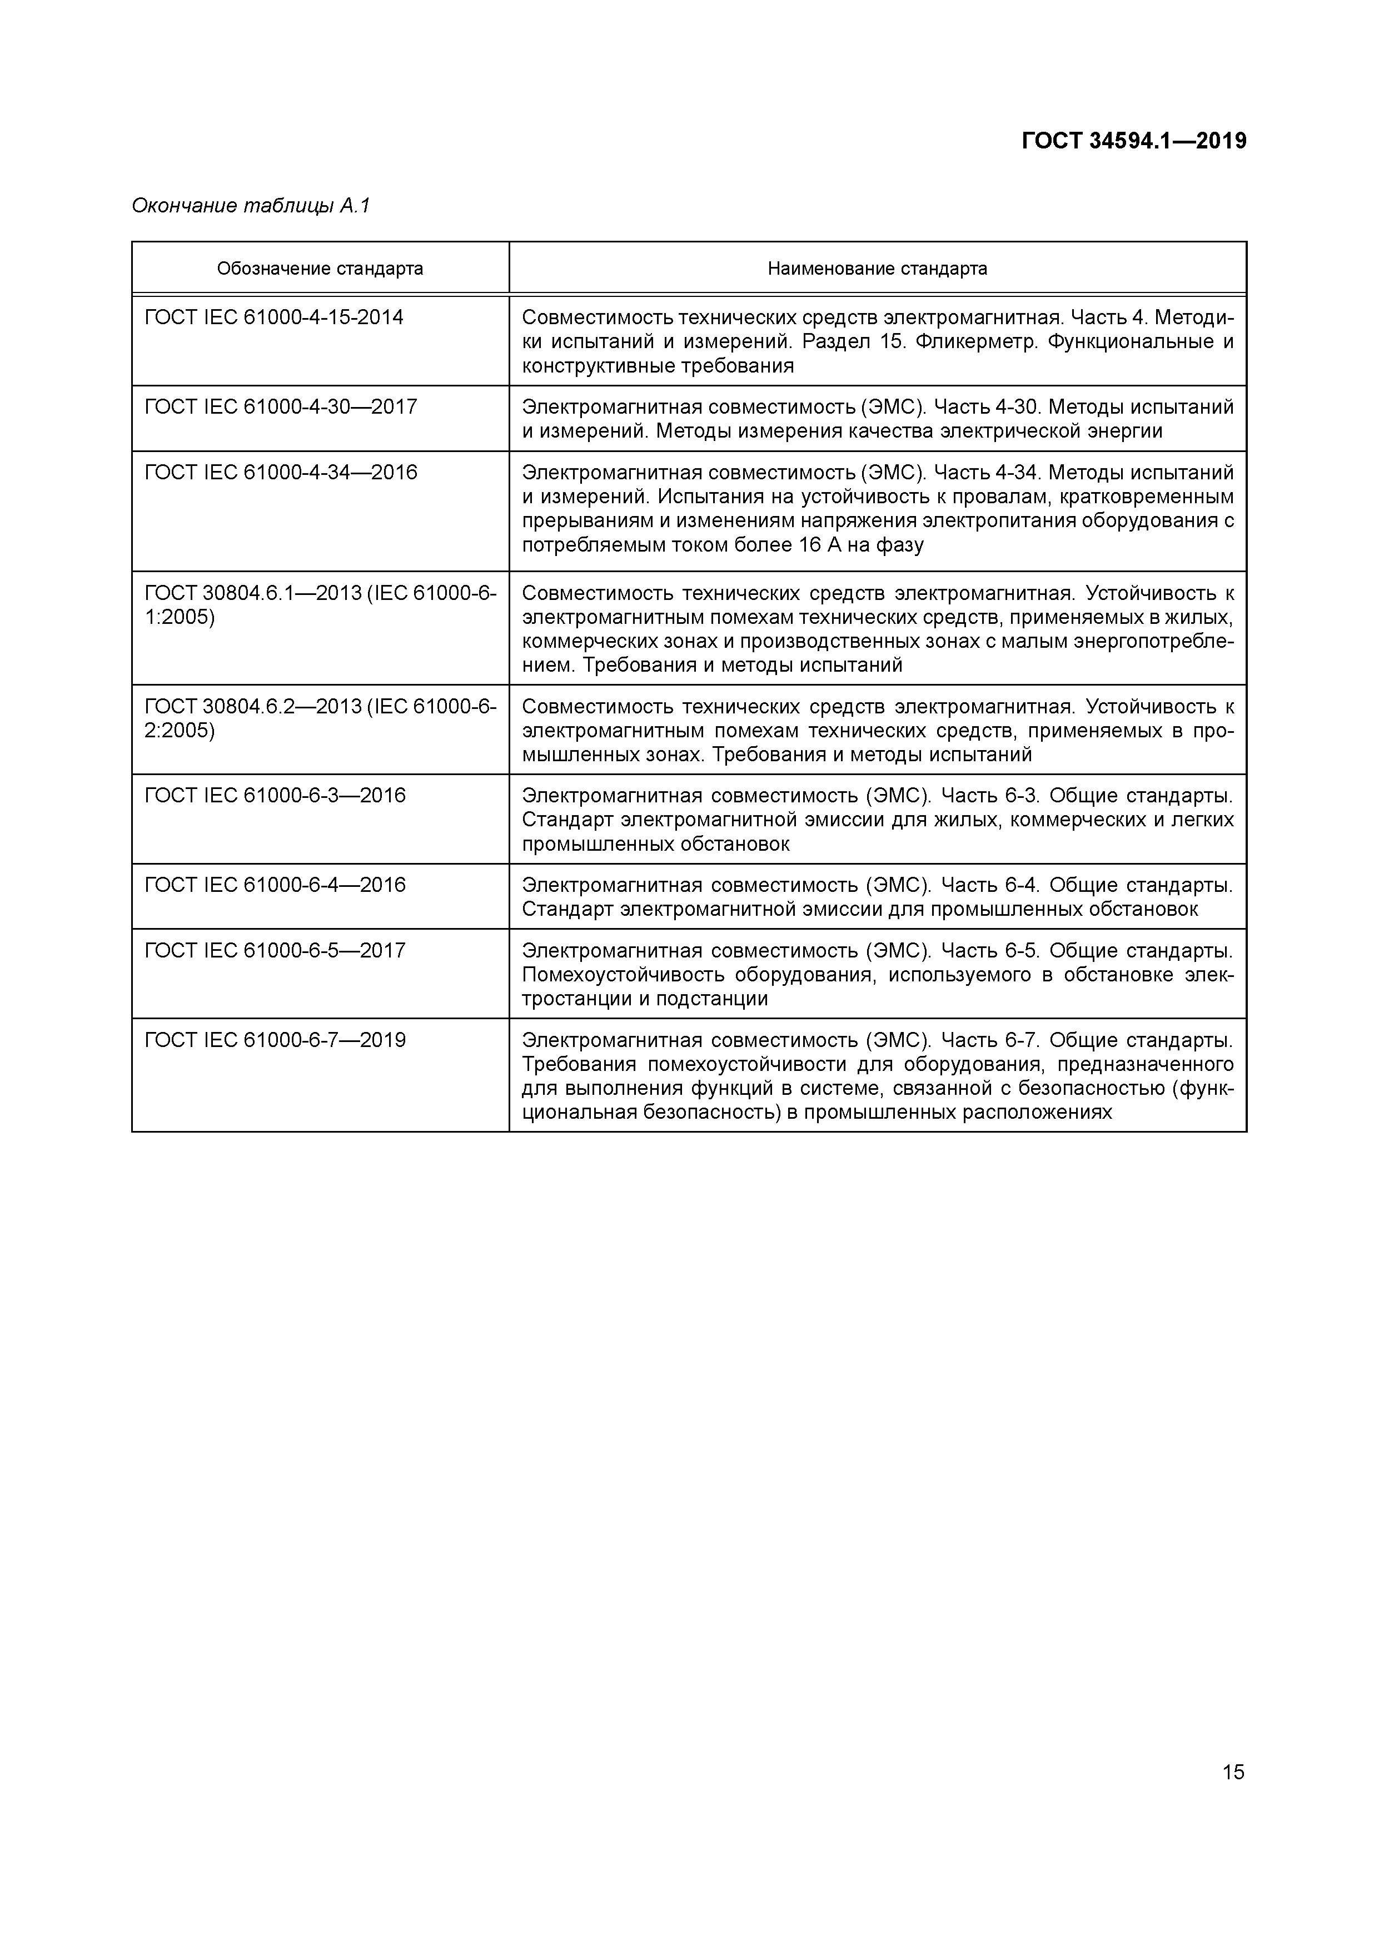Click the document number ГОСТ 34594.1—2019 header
click(1133, 141)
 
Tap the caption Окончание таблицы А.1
click(251, 206)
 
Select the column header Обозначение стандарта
click(320, 269)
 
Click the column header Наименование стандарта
click(877, 269)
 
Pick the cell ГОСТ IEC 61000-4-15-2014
click(274, 317)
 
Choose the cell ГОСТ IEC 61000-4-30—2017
click(281, 407)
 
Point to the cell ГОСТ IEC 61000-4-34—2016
click(281, 472)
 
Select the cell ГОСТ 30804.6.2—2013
click(320, 718)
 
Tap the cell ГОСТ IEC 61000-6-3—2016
click(275, 796)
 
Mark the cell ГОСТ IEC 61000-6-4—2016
click(275, 885)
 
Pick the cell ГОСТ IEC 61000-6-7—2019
click(275, 1040)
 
